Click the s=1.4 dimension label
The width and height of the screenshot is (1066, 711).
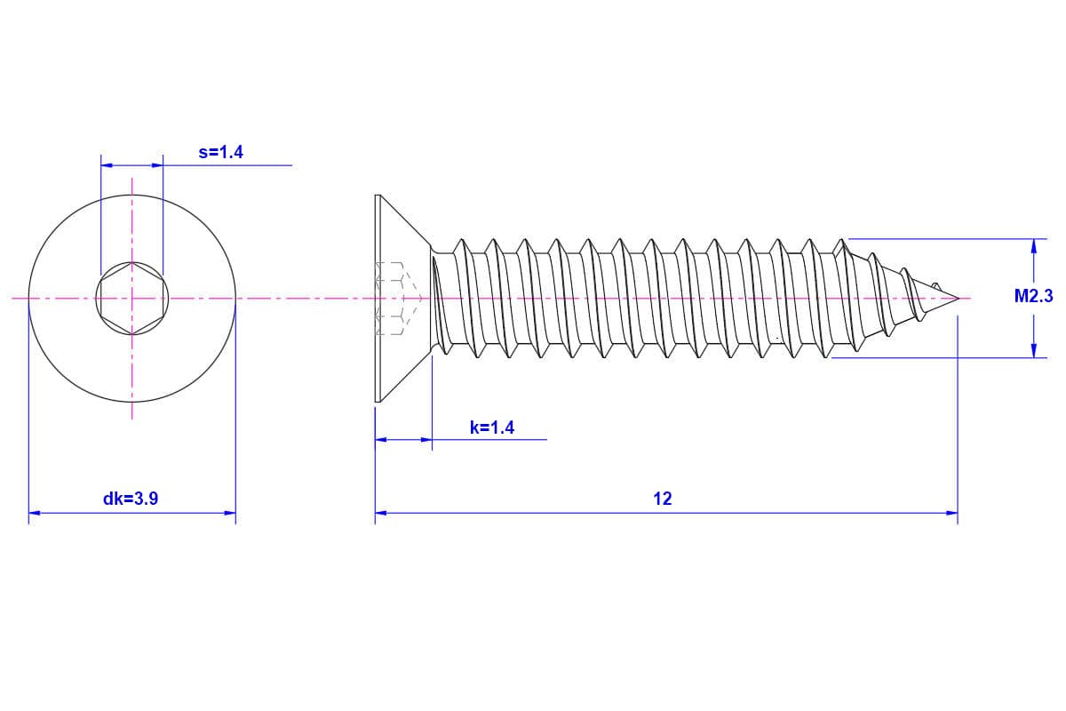pyautogui.click(x=220, y=152)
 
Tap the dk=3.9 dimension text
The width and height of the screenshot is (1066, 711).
pyautogui.click(x=131, y=499)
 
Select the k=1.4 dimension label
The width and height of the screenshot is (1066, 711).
pyautogui.click(x=492, y=427)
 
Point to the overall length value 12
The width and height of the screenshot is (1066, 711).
pyautogui.click(x=663, y=499)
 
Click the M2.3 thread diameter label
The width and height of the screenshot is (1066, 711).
pyautogui.click(x=1033, y=297)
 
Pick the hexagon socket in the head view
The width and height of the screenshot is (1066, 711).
pyautogui.click(x=131, y=298)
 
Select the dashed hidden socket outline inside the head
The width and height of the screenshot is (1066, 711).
pyautogui.click(x=391, y=298)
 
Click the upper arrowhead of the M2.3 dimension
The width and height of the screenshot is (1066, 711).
pyautogui.click(x=1033, y=245)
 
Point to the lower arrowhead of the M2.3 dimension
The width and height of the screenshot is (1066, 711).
pyautogui.click(x=1033, y=351)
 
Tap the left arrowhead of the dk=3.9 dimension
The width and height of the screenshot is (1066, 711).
pyautogui.click(x=35, y=513)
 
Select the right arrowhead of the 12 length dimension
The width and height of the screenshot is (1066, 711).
pyautogui.click(x=951, y=513)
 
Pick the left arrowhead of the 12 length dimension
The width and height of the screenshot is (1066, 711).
pyautogui.click(x=381, y=513)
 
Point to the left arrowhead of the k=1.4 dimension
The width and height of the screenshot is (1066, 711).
pyautogui.click(x=381, y=439)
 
